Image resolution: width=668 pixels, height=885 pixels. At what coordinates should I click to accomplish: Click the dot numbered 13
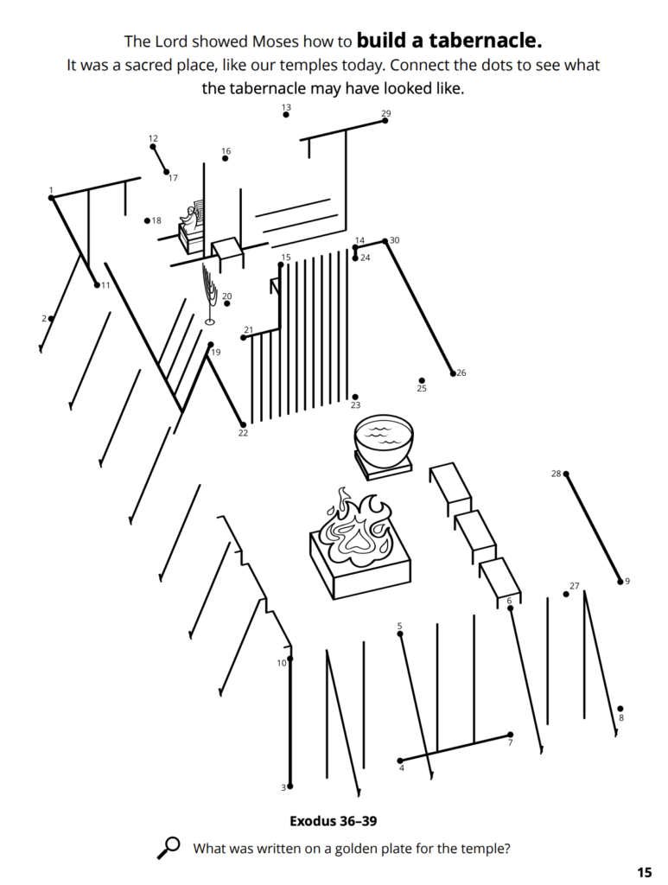click(286, 115)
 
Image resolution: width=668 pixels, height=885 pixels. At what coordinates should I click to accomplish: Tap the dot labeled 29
click(385, 120)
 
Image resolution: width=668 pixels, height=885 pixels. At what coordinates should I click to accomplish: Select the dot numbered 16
click(225, 159)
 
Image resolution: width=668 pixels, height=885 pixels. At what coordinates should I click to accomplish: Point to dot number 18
click(147, 220)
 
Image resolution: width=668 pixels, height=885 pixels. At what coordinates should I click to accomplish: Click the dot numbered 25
click(422, 381)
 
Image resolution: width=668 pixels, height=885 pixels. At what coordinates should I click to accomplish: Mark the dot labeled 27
click(566, 595)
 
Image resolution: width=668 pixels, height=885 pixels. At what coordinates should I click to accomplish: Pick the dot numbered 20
click(226, 303)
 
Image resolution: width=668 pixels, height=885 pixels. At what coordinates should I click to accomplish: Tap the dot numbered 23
click(355, 398)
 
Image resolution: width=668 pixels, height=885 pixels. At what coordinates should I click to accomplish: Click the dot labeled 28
click(566, 474)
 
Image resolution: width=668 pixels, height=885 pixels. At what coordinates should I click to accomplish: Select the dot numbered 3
click(290, 786)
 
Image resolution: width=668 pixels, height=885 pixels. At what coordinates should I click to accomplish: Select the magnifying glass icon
click(168, 848)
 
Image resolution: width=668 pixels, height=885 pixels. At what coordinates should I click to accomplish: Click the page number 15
click(645, 872)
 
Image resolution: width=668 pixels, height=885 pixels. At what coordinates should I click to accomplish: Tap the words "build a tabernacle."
click(449, 41)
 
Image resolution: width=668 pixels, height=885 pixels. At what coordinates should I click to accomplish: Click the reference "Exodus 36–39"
click(334, 821)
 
